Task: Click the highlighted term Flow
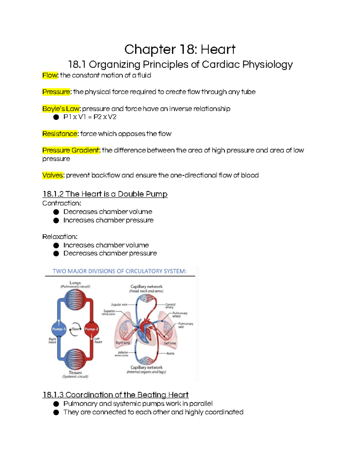point(50,75)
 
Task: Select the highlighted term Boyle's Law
point(61,109)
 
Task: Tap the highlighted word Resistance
point(60,134)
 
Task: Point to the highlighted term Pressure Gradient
point(71,150)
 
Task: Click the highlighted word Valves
point(53,175)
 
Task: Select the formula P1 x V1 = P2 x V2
point(90,117)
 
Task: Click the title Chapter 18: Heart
point(180,50)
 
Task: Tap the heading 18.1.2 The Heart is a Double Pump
point(105,194)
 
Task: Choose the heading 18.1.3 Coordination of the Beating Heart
point(115,395)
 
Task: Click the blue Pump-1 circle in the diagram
point(59,329)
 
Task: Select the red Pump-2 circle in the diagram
point(91,329)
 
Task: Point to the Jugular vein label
point(119,305)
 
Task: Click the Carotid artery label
point(170,306)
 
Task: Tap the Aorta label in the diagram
point(170,353)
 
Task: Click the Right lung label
point(123,343)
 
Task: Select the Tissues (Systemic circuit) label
point(75,374)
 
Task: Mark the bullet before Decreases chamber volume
point(56,212)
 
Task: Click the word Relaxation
point(60,237)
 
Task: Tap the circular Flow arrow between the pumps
point(75,329)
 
